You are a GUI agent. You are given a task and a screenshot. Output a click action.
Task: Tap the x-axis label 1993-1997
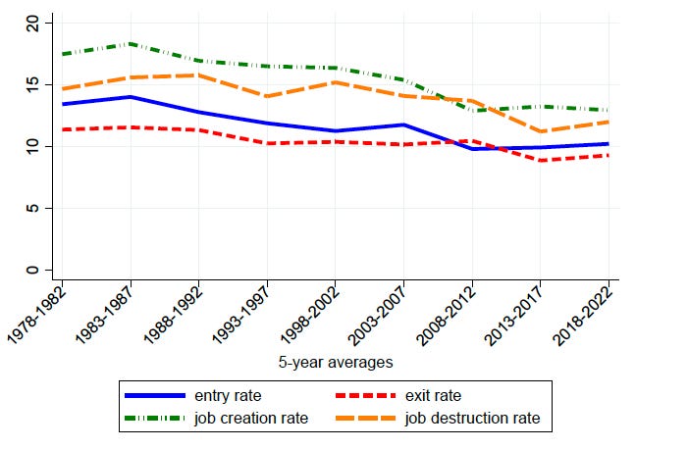[246, 312]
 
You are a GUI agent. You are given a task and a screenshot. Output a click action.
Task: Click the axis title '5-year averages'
[335, 362]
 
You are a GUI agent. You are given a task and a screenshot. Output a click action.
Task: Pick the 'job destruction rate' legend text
[474, 419]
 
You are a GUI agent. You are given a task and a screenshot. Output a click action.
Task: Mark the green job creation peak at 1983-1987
[130, 44]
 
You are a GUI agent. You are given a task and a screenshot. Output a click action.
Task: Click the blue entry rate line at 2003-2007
[403, 125]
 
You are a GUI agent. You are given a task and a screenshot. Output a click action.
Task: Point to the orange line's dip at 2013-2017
[540, 131]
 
